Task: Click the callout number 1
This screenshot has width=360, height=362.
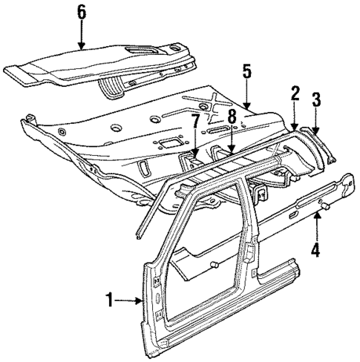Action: pos(109,300)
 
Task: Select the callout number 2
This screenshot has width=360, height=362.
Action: pos(295,93)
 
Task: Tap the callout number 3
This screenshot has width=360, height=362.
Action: pos(316,99)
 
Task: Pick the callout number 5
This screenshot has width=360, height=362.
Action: pos(246,71)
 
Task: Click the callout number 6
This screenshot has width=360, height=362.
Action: pos(82,11)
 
